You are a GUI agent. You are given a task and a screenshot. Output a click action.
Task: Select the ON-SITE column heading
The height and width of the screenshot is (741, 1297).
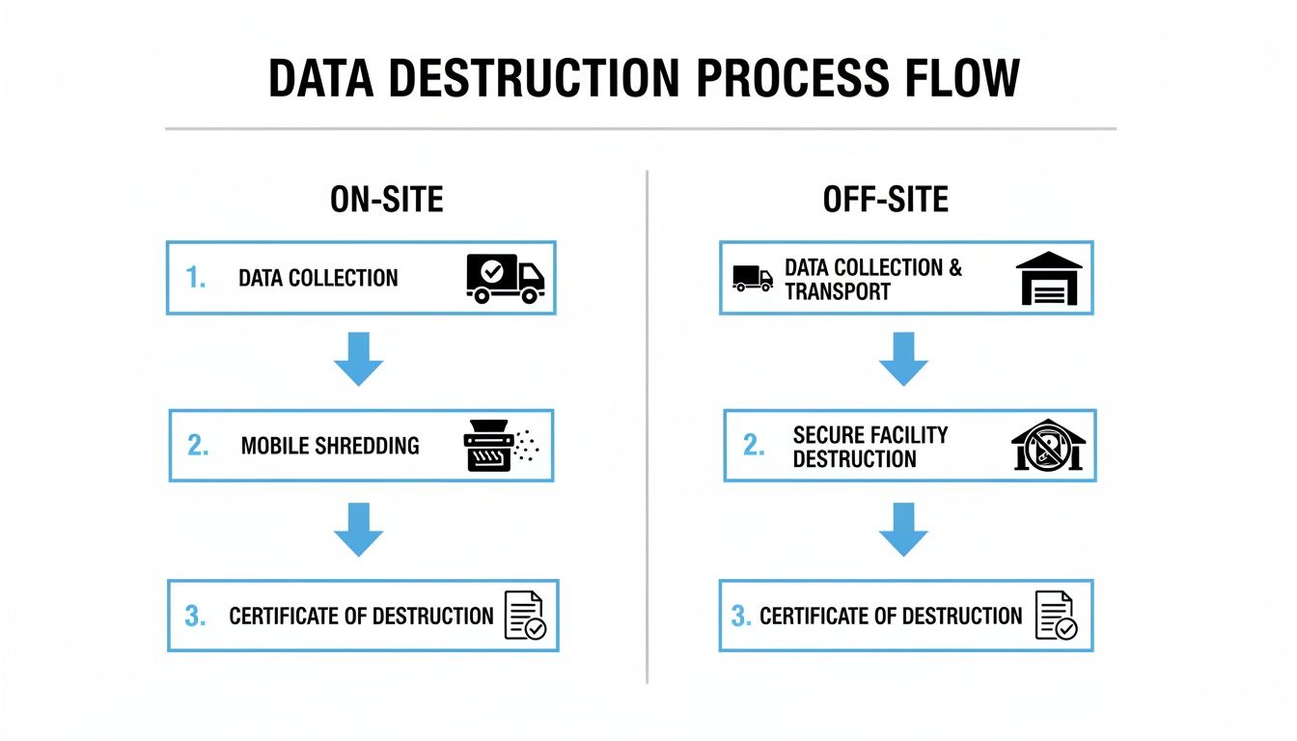(x=386, y=199)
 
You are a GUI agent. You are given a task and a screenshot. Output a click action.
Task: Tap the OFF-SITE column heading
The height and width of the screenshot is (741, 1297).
(x=885, y=199)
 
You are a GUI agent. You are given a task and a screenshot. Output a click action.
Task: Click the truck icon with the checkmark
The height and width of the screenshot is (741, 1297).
(x=505, y=279)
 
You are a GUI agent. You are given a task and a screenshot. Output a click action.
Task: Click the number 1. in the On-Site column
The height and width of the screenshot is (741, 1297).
(x=196, y=279)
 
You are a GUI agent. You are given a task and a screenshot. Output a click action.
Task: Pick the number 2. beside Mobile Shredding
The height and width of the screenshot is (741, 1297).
(x=198, y=446)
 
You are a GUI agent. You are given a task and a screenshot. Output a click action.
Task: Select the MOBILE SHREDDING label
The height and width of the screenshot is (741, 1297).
(x=330, y=446)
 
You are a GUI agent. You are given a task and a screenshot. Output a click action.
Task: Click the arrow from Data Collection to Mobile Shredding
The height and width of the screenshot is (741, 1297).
(x=359, y=359)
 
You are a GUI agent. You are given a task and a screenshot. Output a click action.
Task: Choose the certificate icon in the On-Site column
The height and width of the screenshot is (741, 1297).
(x=525, y=616)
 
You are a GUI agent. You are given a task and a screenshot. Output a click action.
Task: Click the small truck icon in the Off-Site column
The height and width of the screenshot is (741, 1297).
(x=753, y=278)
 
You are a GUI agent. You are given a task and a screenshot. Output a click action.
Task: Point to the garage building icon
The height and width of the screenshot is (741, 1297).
(x=1049, y=279)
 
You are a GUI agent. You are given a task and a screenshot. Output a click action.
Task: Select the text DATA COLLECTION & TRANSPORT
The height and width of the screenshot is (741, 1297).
(x=872, y=279)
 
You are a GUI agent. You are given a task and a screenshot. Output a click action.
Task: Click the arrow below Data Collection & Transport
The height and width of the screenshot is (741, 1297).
(x=904, y=359)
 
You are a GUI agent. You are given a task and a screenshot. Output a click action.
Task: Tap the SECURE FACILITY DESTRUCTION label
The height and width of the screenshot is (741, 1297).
(x=869, y=447)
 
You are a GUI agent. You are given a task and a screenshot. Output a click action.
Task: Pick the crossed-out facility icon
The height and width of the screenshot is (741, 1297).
(x=1048, y=446)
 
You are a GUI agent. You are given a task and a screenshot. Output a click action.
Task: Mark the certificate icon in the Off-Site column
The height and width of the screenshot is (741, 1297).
(x=1055, y=616)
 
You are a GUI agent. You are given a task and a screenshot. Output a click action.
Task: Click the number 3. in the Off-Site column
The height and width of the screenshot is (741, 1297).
(x=741, y=616)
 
